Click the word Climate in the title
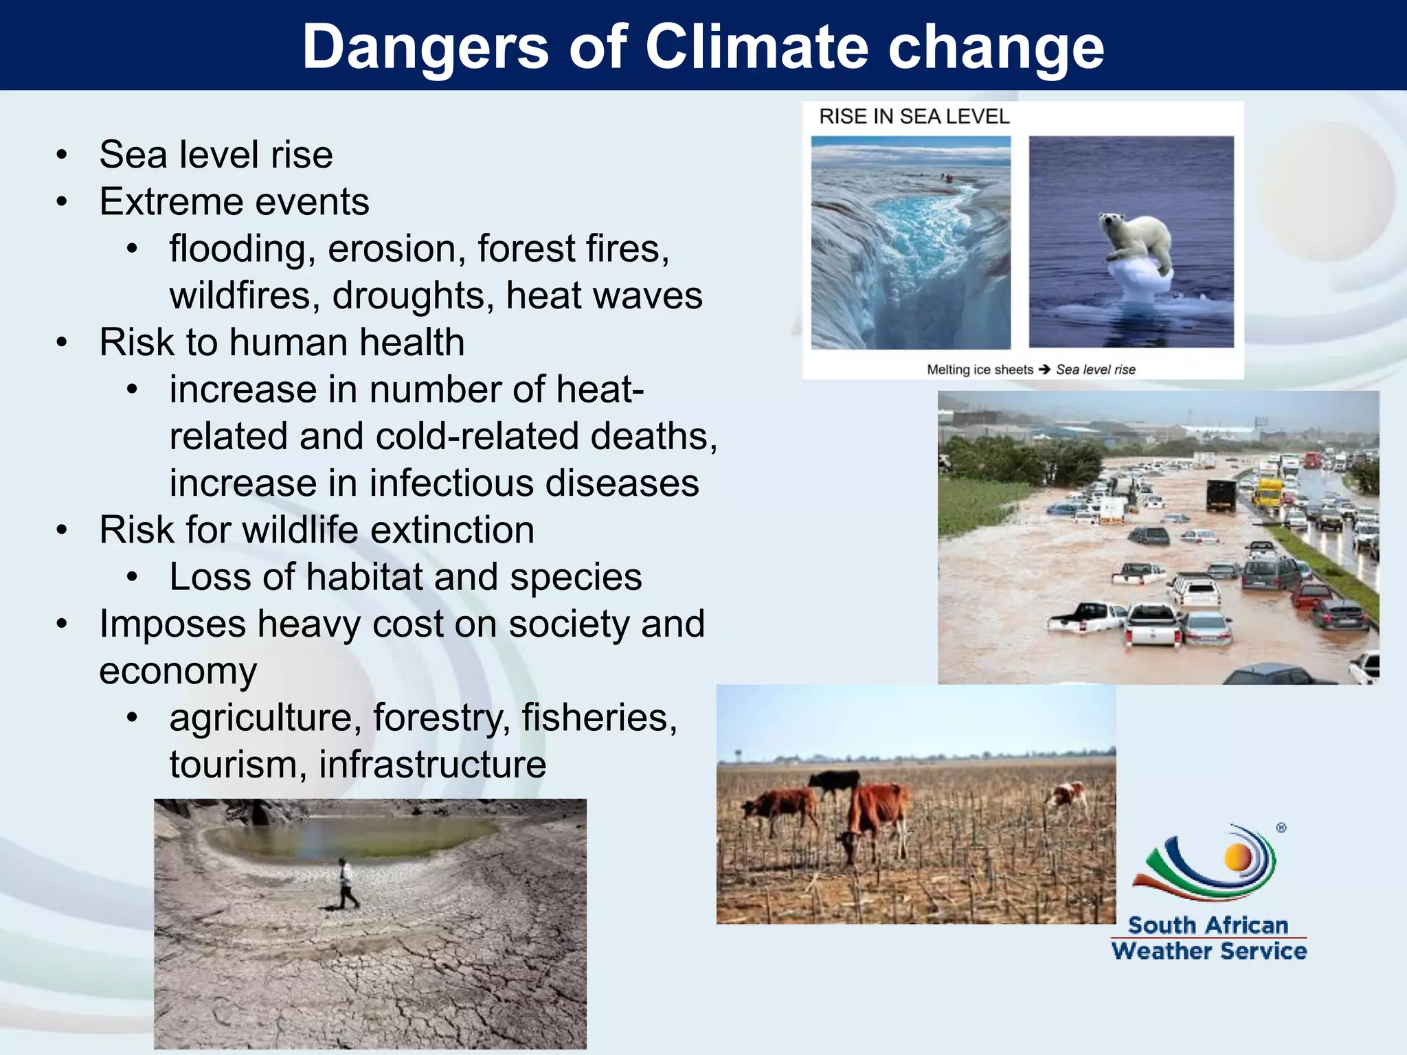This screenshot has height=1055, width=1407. pos(756,47)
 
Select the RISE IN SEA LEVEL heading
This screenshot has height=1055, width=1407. pos(914,117)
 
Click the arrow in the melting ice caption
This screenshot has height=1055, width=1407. pos(1044,370)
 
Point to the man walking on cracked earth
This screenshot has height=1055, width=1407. pos(347,883)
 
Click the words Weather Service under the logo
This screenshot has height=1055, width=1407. pos(1208,951)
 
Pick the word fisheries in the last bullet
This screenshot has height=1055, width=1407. pos(599,718)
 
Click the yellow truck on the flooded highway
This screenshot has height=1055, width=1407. pos(1268,492)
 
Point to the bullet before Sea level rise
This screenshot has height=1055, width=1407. pos(63,155)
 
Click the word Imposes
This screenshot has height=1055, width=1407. pos(172,624)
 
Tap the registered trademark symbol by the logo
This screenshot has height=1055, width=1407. pos(1281,828)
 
